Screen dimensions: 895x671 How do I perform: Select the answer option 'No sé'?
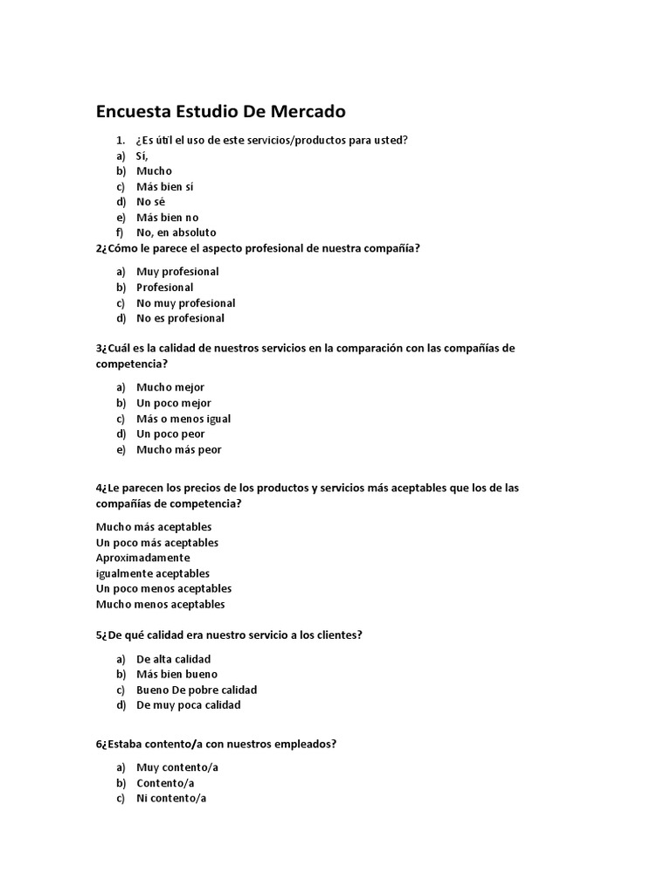tap(150, 202)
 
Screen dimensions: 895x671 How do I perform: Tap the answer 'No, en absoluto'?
tap(176, 232)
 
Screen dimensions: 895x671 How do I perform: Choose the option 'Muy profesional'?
tap(177, 272)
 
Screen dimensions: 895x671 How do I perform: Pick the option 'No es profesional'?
tap(180, 318)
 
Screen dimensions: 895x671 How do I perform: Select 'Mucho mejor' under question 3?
tap(170, 387)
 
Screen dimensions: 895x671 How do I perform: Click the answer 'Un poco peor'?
tap(170, 434)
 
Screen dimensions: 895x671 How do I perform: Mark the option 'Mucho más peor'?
tap(179, 449)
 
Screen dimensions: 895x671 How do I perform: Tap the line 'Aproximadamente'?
tap(142, 558)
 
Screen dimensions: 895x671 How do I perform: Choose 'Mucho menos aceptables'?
tap(160, 604)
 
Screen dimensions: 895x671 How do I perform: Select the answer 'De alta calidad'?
tap(173, 659)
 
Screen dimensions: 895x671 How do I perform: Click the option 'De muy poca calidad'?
tap(188, 704)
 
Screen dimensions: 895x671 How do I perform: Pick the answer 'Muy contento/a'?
tap(177, 767)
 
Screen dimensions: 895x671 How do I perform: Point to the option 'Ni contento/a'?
tap(171, 798)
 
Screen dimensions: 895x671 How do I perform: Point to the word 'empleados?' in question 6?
tap(307, 744)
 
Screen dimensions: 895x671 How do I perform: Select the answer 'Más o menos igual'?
tap(183, 419)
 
